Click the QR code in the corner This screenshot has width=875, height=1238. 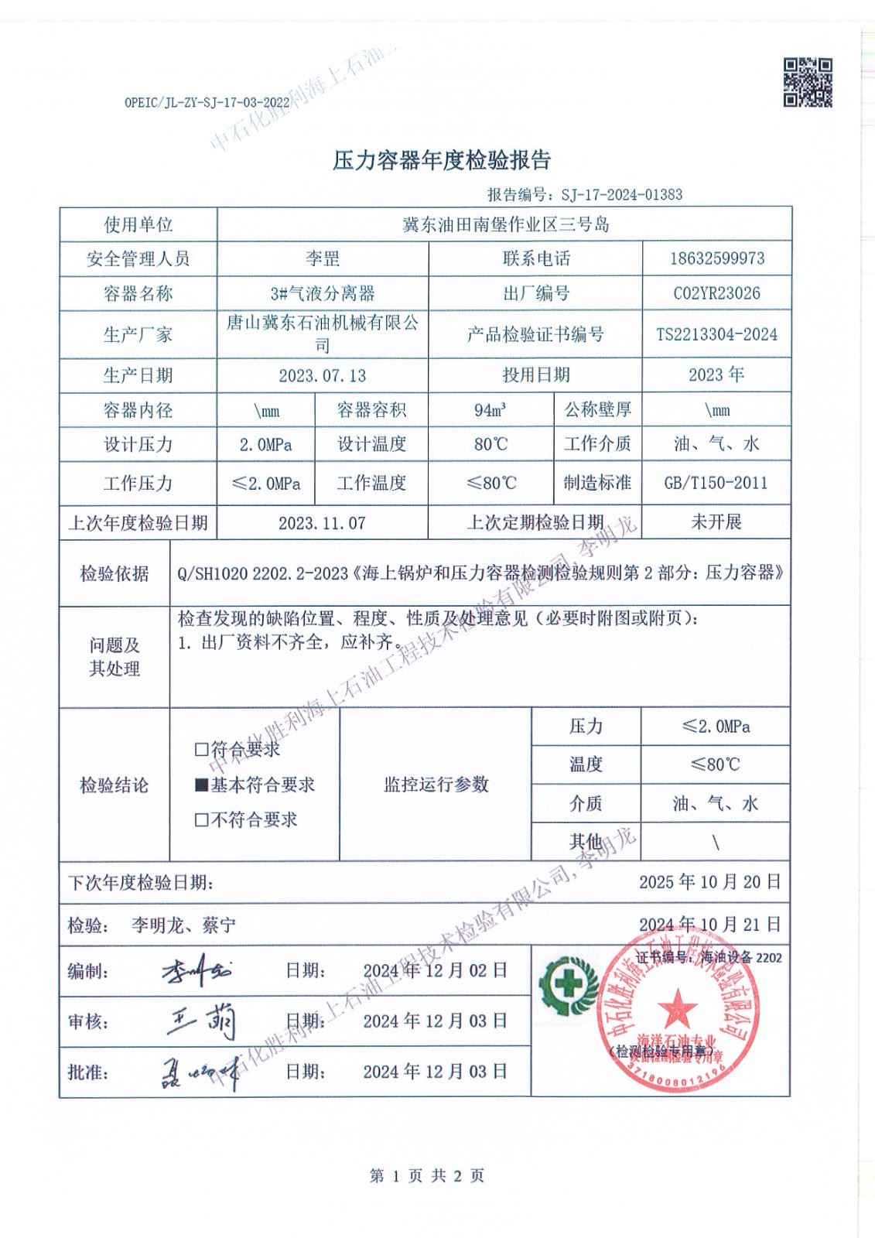(x=808, y=81)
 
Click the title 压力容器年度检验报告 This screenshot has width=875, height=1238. (x=441, y=160)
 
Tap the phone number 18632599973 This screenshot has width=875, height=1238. (x=716, y=258)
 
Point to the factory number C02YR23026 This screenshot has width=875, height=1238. (x=716, y=293)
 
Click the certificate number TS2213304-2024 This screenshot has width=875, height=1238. (x=716, y=334)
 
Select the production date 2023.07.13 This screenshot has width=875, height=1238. (x=323, y=376)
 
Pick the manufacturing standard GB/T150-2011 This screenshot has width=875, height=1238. (x=716, y=483)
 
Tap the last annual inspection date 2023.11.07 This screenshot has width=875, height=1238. (x=323, y=523)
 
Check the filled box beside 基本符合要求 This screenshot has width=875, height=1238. (x=201, y=785)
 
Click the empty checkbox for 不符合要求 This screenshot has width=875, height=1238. (x=201, y=820)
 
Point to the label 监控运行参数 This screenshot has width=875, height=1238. (x=436, y=785)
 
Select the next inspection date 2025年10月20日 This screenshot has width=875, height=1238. (x=709, y=881)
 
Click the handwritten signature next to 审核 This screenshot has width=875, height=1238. (x=203, y=1023)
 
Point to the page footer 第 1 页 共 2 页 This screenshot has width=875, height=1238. (x=427, y=1176)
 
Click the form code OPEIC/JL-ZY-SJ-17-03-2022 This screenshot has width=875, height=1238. (x=207, y=101)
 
